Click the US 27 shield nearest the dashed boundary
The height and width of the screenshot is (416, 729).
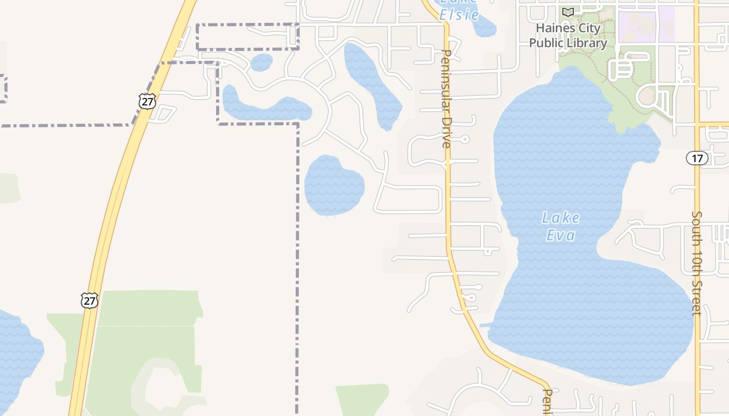pyautogui.click(x=147, y=101)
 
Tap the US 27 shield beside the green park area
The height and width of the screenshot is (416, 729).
pyautogui.click(x=89, y=300)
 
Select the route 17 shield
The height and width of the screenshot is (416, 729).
pyautogui.click(x=697, y=158)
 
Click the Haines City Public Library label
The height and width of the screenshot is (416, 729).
pyautogui.click(x=568, y=35)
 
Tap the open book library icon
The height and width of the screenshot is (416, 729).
pyautogui.click(x=568, y=12)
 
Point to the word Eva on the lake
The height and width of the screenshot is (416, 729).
pyautogui.click(x=560, y=236)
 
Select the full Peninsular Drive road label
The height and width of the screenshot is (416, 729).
pyautogui.click(x=446, y=99)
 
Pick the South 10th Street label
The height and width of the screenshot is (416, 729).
pyautogui.click(x=697, y=263)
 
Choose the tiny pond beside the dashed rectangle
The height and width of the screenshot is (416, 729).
pyautogui.click(x=261, y=62)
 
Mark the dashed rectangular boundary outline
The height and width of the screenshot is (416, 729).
pyautogui.click(x=248, y=24)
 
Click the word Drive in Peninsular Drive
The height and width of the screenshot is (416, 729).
pyautogui.click(x=446, y=134)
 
